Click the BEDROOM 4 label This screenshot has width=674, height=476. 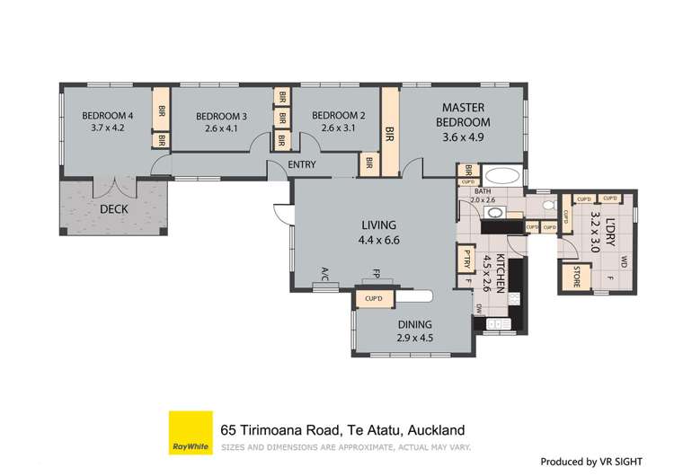[107, 115]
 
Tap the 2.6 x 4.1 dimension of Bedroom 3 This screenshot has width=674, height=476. [220, 129]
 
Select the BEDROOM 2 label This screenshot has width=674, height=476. [338, 115]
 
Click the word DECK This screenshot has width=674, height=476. [113, 209]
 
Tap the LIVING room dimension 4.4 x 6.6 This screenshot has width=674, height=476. [378, 240]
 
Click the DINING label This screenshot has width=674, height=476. [414, 324]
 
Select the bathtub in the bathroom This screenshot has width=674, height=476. [500, 175]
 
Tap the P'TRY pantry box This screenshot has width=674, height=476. [466, 259]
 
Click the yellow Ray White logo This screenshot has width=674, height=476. [191, 433]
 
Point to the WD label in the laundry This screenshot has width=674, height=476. [624, 261]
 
